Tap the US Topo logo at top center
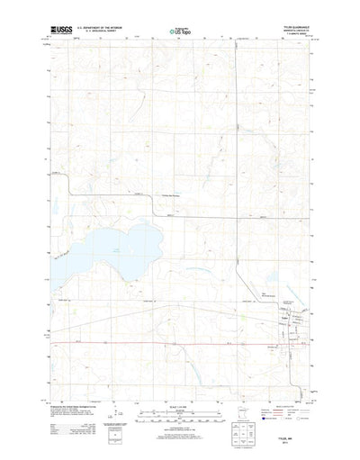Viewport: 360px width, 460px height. (179, 33)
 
